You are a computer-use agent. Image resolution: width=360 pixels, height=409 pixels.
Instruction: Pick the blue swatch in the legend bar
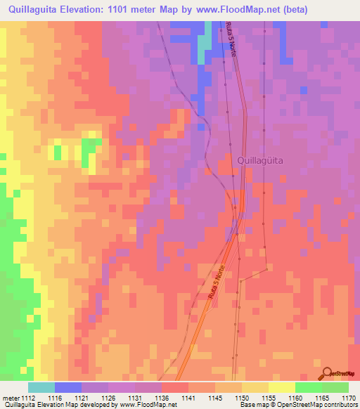(67, 387)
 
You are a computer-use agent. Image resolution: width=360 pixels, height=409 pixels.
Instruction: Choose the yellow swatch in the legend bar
(281, 387)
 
